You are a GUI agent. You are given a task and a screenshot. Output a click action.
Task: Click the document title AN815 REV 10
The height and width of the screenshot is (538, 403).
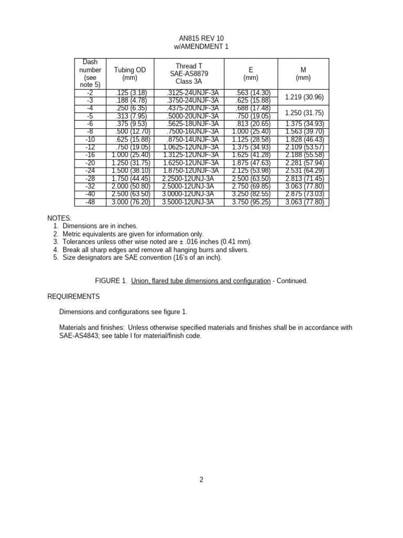pos(201,39)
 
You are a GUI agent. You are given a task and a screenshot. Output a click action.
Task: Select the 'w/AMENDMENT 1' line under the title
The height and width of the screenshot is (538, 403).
pos(201,47)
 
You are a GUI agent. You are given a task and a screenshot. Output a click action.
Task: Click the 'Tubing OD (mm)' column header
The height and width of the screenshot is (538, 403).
pos(130,74)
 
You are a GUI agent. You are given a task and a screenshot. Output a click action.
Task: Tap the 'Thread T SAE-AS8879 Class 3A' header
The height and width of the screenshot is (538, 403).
pos(189,74)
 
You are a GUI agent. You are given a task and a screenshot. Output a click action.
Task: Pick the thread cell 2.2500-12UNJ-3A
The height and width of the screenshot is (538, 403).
pos(188,178)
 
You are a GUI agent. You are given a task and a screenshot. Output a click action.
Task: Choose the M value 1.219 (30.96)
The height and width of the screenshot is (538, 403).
pos(304,97)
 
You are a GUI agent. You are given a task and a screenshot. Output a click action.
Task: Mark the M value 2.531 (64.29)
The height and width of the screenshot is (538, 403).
pos(304,170)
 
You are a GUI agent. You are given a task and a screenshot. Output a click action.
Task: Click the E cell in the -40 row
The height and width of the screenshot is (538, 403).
pos(251,193)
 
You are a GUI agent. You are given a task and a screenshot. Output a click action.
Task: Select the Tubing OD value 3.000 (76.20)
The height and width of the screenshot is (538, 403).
pos(131,201)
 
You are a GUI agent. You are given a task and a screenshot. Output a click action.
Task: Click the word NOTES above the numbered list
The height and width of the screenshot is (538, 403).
pos(59,218)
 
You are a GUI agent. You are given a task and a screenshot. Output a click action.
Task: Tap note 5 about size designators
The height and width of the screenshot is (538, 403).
pos(142,257)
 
